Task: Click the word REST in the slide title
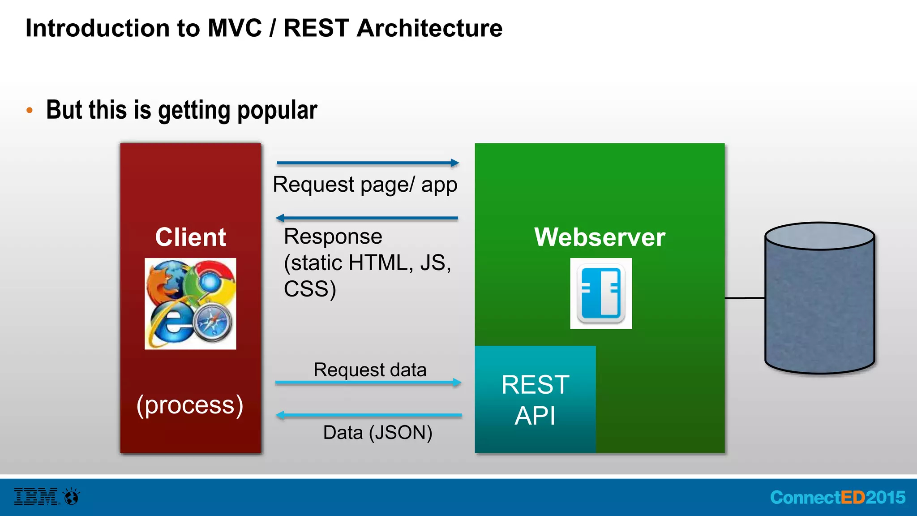point(316,28)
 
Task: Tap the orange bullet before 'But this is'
point(30,110)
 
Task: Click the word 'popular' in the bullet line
point(277,111)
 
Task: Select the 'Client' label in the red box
point(190,237)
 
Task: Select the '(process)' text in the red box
point(190,405)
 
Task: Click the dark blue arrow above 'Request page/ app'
point(367,163)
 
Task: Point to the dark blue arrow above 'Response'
point(367,218)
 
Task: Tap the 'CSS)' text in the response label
point(310,289)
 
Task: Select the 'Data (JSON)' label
point(377,433)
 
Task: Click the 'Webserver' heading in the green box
point(600,237)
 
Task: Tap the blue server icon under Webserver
point(601,293)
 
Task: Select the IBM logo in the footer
point(36,497)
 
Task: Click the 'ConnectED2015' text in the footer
point(838,498)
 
